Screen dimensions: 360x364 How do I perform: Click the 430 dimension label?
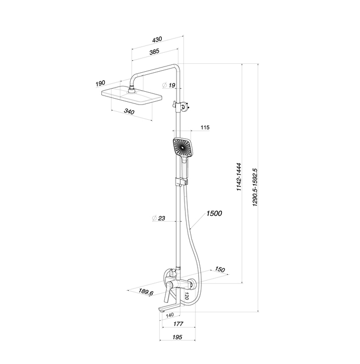157,40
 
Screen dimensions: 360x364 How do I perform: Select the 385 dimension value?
154,52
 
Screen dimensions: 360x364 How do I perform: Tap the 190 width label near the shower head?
100,83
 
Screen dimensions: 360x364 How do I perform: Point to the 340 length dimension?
129,112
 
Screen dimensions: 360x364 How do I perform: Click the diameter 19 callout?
169,85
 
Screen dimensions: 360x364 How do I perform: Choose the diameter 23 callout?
159,218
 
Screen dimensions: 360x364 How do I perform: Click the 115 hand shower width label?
205,128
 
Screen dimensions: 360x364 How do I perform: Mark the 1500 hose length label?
214,213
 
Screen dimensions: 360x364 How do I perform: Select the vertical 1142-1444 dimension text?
239,177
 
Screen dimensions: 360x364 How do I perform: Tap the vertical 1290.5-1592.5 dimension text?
255,187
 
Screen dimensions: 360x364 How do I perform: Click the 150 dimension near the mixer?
220,269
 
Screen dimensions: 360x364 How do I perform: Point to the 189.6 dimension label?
146,292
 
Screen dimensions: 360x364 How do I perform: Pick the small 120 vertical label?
187,296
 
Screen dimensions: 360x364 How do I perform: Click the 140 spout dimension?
170,315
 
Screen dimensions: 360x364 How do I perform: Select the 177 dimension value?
178,323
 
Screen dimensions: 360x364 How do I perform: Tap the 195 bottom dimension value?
177,337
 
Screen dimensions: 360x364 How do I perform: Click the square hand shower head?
182,147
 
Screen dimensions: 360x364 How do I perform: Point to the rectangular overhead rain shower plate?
132,96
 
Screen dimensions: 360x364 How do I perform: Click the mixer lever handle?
168,292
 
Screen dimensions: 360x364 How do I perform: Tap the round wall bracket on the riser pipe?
184,107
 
